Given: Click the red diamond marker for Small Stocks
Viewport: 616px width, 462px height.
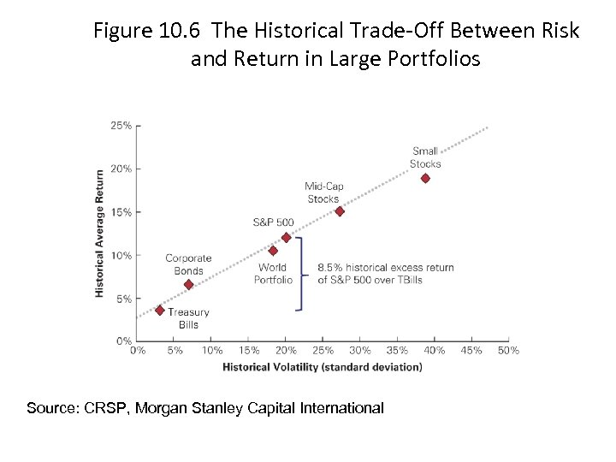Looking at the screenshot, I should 425,178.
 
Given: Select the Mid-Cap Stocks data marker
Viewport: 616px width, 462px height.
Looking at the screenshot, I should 340,211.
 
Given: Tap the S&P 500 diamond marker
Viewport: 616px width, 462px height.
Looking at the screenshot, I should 287,238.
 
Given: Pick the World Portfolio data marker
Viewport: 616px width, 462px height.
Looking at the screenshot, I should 273,251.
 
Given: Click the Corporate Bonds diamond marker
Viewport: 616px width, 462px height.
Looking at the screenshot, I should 188,284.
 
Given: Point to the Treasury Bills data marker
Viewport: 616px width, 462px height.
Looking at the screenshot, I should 159,310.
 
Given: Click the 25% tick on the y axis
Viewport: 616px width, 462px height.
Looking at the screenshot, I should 121,125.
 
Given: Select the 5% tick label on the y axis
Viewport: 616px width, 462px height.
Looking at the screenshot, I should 124,299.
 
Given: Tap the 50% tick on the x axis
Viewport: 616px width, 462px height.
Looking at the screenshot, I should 508,350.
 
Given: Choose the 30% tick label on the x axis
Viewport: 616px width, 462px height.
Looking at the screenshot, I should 360,350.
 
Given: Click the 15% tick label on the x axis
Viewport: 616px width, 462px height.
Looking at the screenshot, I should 249,350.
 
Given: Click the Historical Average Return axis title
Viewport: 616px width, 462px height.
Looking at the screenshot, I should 100,233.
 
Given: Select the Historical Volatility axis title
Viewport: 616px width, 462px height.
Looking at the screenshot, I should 323,367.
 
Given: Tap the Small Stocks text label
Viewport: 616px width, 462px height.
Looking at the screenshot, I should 425,157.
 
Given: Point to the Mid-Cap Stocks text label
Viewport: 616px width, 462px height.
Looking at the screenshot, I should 323,192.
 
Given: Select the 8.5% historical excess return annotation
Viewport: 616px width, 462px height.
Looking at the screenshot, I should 386,273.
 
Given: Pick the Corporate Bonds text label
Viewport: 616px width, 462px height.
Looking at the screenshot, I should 188,264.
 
